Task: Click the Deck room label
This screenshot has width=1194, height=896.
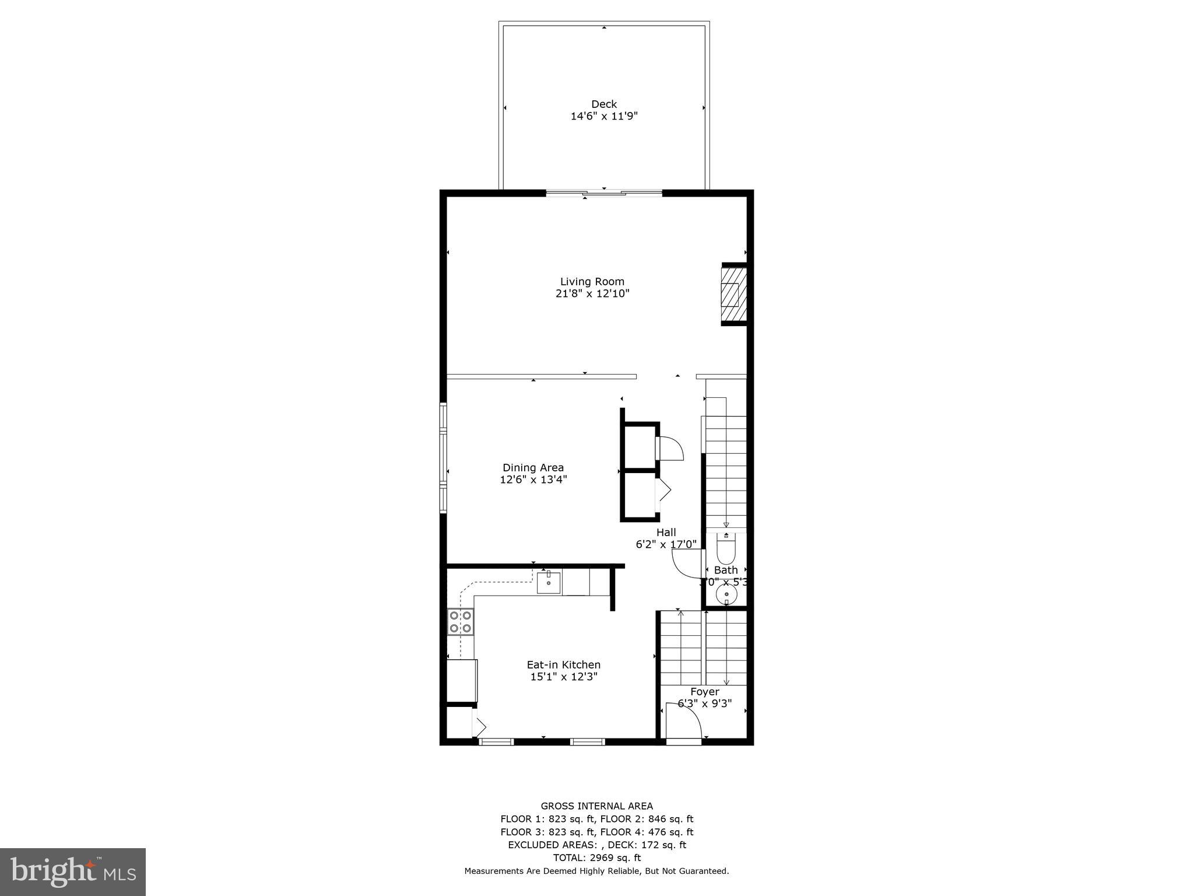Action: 604,104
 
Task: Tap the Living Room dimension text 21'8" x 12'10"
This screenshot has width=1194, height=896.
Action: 592,293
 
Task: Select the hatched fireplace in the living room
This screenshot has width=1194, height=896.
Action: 733,295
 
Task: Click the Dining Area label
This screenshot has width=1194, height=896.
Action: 533,468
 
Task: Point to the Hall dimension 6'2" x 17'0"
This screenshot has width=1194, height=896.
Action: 666,544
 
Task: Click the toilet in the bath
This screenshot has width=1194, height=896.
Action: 726,549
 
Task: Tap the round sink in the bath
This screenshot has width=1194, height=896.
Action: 726,594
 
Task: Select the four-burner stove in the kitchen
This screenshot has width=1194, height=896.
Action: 460,621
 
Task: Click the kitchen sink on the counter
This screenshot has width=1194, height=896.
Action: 549,583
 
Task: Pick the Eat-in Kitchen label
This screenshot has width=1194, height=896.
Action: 563,665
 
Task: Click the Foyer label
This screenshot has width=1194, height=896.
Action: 705,692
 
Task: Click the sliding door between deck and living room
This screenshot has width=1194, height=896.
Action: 604,192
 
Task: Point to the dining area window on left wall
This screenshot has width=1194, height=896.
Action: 443,458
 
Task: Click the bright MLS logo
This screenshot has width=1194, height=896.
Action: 73,872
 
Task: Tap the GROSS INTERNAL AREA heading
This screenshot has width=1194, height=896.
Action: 596,806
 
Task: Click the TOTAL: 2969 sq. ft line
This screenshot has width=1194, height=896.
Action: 596,857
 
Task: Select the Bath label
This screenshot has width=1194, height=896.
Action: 726,570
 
